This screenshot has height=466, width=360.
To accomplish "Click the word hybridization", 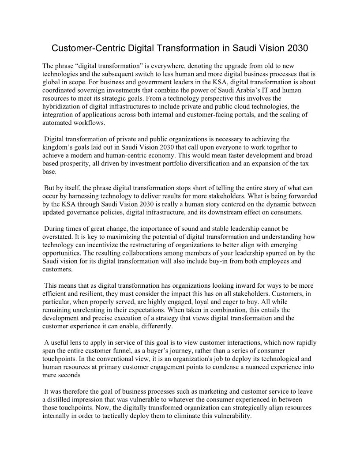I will tap(62, 106).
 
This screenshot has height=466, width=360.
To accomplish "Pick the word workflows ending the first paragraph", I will tap(97, 123).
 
